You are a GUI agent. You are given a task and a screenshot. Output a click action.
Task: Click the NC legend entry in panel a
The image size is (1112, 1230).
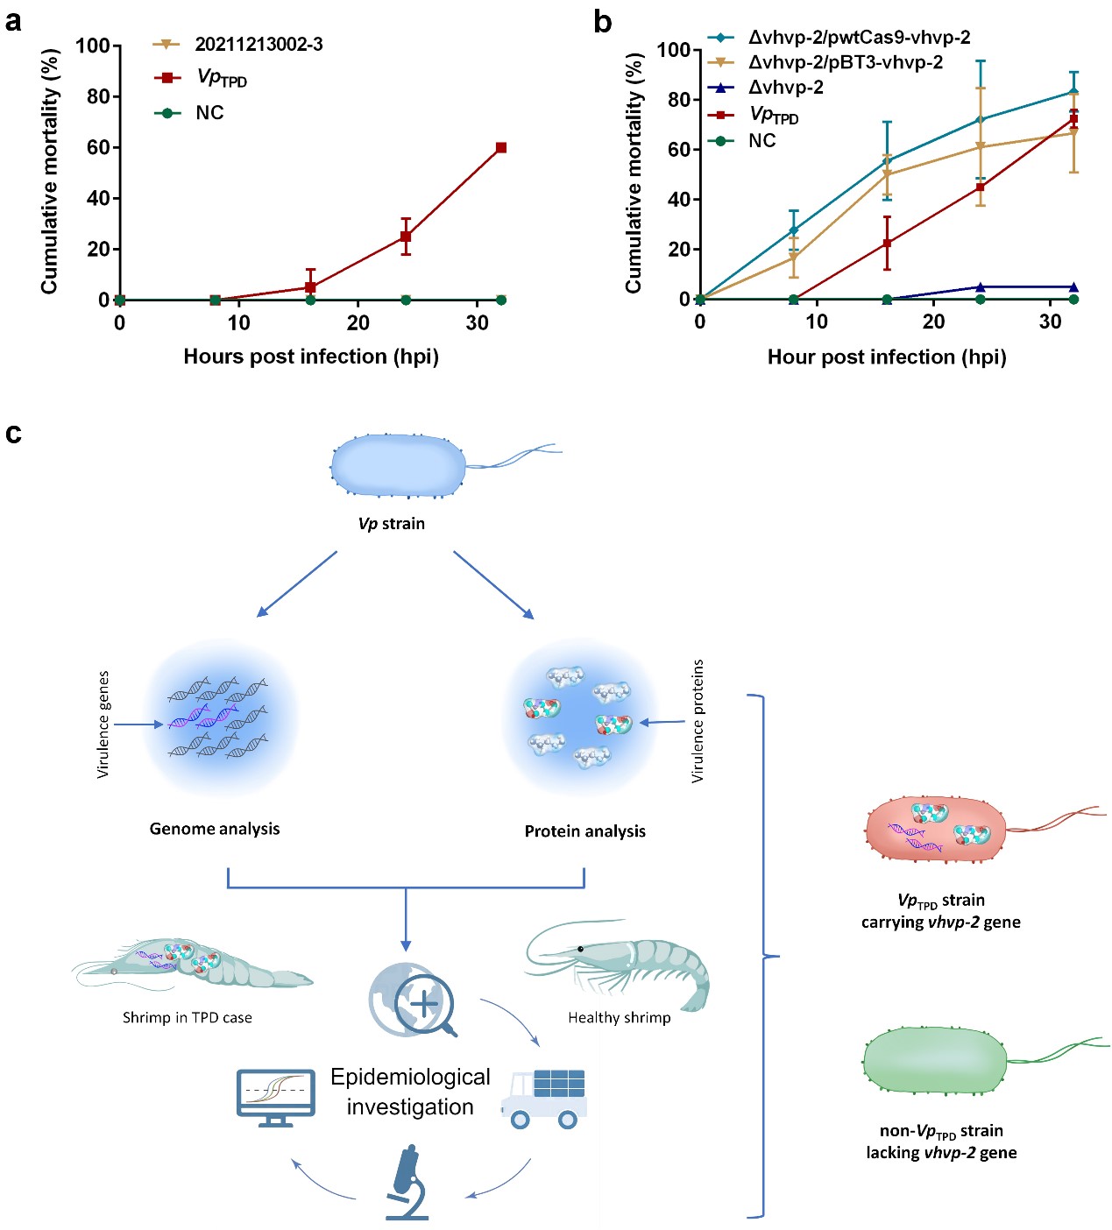[209, 113]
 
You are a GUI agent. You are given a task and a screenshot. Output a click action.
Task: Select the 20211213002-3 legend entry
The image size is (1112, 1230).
[258, 45]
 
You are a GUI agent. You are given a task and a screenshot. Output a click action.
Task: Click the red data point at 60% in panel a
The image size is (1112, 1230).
[501, 147]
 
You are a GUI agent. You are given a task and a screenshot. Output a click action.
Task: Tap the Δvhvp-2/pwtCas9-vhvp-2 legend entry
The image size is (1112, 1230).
[858, 38]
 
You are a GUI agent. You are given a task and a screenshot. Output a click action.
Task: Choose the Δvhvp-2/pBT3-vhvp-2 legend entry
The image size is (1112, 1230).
[845, 62]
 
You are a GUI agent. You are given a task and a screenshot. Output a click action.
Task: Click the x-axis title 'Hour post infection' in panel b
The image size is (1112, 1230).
[886, 357]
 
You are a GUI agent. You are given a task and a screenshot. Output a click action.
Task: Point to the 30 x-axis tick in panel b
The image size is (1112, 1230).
[1050, 322]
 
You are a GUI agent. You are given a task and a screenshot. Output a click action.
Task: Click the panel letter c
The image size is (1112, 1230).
[13, 433]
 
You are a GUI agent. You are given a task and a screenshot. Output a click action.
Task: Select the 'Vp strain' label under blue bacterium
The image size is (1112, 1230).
[391, 524]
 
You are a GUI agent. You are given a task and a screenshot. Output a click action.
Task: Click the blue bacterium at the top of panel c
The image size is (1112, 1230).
[399, 465]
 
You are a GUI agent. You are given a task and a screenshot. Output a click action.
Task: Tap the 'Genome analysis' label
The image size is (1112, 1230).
[215, 829]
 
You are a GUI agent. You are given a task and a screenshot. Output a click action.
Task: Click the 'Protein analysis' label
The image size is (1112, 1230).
[584, 831]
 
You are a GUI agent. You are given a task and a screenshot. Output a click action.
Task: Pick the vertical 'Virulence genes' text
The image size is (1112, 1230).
[103, 725]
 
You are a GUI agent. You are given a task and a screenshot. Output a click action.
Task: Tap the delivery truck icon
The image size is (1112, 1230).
[544, 1099]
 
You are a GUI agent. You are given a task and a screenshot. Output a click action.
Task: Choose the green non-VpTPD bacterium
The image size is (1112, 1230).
[935, 1061]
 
